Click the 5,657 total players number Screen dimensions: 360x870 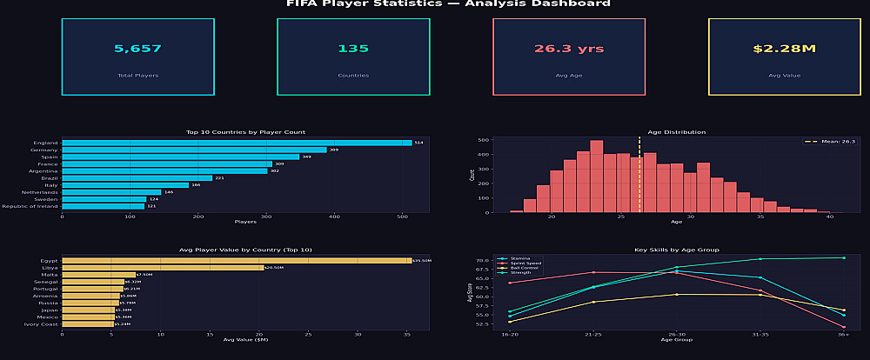coord(137,49)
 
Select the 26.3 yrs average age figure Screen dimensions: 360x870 coord(568,49)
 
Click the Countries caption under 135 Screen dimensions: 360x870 coord(353,76)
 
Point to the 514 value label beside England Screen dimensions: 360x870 coord(418,143)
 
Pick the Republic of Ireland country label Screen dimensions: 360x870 coord(30,206)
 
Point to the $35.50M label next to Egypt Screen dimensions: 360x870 coord(422,261)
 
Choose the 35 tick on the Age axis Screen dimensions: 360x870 coord(760,217)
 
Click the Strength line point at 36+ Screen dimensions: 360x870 coord(843,257)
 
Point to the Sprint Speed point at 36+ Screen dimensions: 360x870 coord(843,327)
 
